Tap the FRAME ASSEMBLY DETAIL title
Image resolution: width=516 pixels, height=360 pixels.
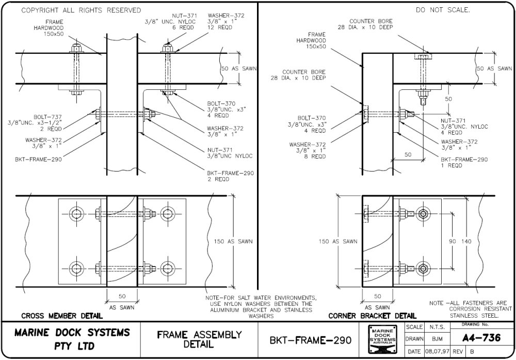199,339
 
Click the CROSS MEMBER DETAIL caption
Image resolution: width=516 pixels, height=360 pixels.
54,316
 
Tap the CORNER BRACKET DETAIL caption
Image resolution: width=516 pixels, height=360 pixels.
372,316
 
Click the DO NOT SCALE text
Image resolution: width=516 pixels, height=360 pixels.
443,10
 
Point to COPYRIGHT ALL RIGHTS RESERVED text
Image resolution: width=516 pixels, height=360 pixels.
81,10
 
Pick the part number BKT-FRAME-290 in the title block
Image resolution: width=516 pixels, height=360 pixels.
310,340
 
